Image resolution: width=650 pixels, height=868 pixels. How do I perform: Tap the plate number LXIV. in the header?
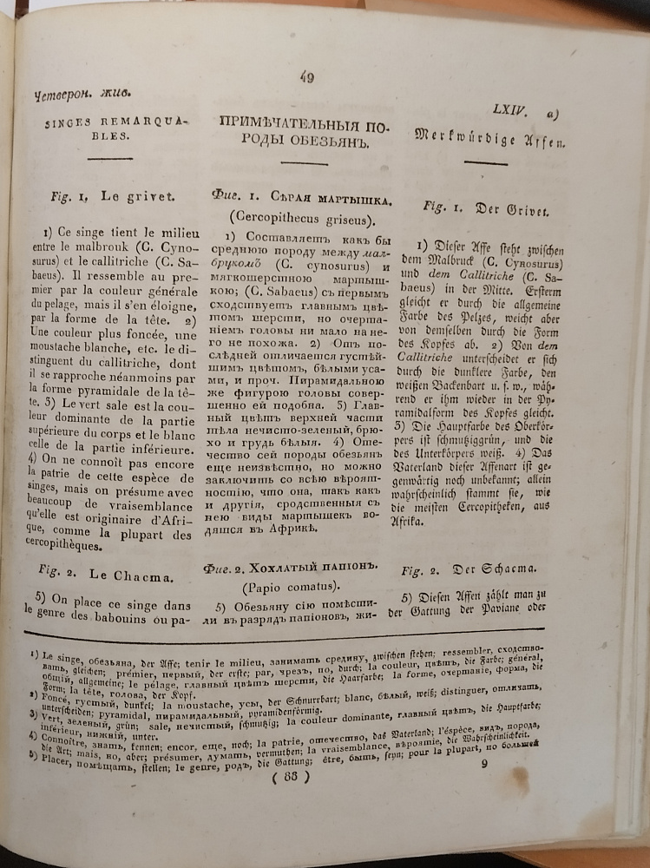tap(511, 110)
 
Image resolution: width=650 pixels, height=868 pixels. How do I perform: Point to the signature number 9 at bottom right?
tap(484, 764)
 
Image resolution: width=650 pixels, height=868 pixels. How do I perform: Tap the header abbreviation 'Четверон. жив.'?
tap(64, 97)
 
